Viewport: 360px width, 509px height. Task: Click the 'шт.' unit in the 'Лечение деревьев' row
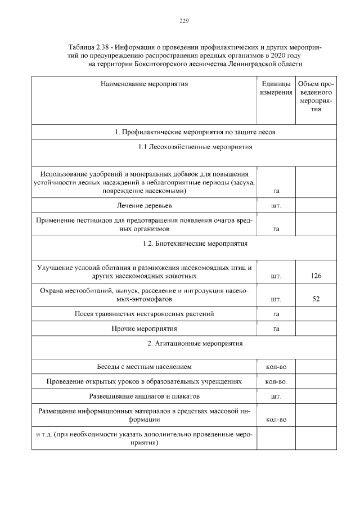276,206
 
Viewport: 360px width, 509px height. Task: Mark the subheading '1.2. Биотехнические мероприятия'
183,244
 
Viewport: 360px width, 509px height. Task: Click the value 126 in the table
316,276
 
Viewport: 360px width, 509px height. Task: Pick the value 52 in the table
316,299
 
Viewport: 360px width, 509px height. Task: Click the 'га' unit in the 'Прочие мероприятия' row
276,328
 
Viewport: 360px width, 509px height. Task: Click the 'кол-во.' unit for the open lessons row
276,382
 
